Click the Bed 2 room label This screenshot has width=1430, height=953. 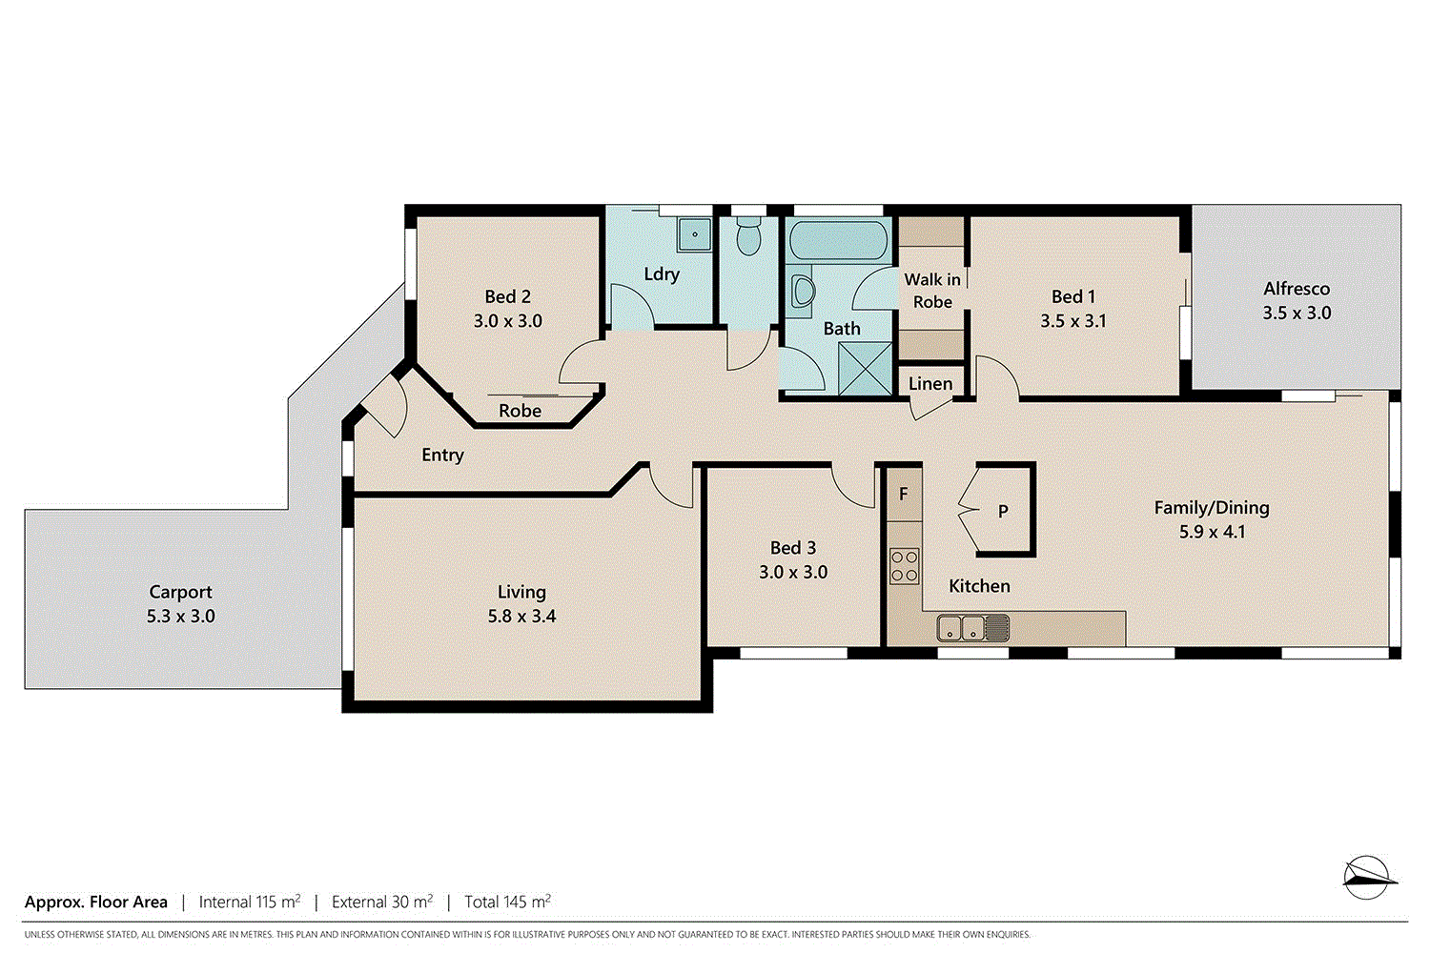coord(507,297)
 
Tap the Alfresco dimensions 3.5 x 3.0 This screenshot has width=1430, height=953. coord(1297,313)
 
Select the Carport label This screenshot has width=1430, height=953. coord(180,592)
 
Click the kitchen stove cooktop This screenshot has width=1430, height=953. coord(904,566)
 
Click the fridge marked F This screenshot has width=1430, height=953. coord(904,495)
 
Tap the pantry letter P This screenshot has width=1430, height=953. coord(1003,512)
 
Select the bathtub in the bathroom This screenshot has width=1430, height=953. coord(839,239)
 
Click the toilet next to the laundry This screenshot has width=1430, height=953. coord(749,235)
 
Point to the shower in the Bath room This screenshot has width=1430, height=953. coord(866,369)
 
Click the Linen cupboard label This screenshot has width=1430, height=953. coord(930,384)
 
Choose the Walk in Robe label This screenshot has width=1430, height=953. coord(932,291)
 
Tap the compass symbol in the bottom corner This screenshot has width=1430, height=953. coord(1369,877)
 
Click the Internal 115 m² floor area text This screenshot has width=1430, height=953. coord(250,902)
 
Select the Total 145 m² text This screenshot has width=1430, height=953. coord(507,902)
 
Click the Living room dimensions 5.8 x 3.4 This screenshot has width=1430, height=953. coord(521,617)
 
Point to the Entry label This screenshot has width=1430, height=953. coord(442,456)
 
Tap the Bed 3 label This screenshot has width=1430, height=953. coord(793,548)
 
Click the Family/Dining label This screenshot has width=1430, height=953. coord(1212,508)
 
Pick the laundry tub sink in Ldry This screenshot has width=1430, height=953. coord(695,233)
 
